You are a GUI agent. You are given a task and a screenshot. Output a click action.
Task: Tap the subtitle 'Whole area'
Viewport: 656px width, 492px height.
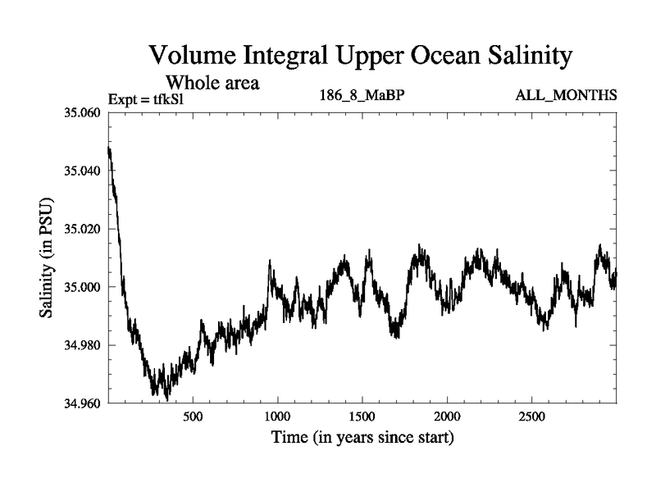214,82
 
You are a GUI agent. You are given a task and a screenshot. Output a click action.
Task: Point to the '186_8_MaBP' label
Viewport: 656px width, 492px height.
362,96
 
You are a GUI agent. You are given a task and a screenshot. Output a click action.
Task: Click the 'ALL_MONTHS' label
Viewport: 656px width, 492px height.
566,96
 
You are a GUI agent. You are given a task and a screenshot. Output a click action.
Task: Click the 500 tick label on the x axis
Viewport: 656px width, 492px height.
193,417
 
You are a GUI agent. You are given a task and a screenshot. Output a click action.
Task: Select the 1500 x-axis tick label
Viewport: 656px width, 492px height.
362,417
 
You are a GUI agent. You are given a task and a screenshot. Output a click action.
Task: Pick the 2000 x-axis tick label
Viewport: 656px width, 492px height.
447,417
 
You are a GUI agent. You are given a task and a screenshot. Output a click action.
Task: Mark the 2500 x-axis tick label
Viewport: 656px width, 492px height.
532,417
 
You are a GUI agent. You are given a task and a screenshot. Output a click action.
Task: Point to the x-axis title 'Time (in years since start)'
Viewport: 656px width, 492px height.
362,438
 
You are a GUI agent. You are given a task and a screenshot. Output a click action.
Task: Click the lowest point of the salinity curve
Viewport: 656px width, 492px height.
167,399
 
